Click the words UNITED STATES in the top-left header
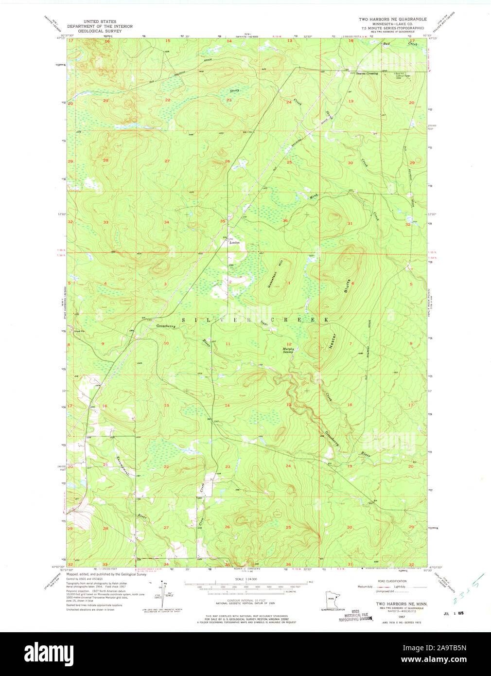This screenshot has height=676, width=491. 100,22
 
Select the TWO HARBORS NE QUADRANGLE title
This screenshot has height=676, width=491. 392,19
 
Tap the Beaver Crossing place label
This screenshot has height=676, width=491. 367,73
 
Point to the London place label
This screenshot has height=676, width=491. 234,242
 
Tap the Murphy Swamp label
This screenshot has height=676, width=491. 288,350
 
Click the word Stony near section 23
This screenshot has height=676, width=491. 234,91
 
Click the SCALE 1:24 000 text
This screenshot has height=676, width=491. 246,579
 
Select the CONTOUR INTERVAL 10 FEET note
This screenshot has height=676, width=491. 246,601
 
